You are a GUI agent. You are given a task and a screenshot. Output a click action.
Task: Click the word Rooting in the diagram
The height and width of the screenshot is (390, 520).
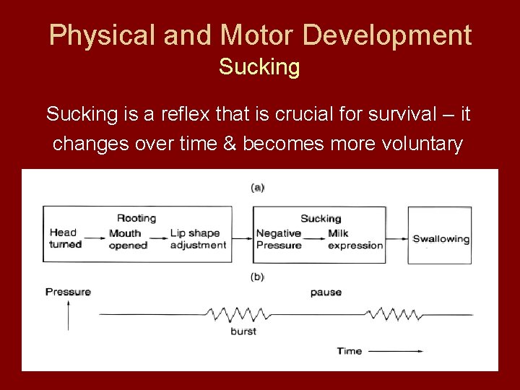136,218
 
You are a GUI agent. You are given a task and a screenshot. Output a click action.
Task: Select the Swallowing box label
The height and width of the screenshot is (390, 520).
441,239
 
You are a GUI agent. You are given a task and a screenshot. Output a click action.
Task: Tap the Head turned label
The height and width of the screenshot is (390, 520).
65,238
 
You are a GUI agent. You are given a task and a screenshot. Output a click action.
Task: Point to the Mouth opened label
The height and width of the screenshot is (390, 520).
128,239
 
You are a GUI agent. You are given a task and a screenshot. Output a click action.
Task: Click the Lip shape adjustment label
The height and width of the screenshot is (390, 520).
198,239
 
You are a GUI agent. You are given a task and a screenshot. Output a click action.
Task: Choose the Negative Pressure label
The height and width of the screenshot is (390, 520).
279,239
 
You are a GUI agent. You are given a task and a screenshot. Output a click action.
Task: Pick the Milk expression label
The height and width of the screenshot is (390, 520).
355,239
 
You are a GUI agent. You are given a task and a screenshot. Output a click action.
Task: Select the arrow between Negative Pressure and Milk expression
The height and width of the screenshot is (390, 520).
313,234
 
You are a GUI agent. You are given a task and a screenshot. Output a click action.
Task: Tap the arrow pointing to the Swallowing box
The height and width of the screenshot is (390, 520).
397,239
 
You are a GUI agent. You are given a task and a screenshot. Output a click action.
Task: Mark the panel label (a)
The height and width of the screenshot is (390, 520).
257,188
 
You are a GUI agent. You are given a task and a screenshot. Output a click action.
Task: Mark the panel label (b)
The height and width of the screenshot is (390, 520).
257,277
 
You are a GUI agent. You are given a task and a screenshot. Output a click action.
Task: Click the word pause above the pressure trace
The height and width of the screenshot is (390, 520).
326,292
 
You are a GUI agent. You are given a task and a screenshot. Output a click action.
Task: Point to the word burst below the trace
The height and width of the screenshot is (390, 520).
243,331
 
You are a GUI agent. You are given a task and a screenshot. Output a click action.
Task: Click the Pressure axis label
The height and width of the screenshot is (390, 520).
68,292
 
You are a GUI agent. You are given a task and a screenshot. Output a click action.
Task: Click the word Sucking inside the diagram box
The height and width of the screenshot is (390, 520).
320,218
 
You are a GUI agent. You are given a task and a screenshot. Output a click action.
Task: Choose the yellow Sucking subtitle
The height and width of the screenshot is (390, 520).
259,68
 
